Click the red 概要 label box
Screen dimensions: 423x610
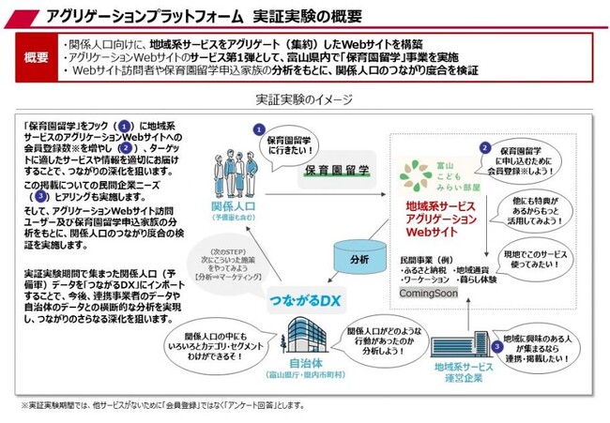(x=35, y=57)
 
